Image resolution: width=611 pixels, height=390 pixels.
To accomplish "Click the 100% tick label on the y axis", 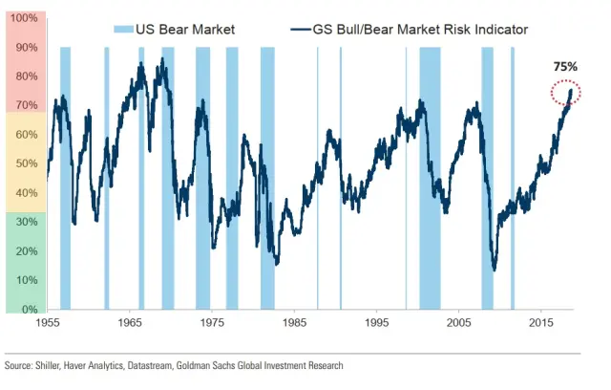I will [24, 18].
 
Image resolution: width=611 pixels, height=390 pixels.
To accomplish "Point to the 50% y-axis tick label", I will [26, 164].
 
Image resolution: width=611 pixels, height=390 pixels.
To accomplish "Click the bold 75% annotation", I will [565, 69].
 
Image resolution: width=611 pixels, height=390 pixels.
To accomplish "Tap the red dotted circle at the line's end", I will [566, 93].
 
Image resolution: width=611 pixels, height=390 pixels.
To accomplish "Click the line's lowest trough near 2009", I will [494, 270].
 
